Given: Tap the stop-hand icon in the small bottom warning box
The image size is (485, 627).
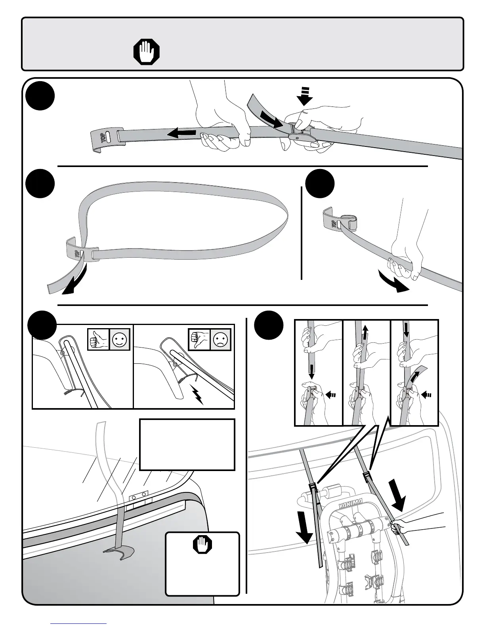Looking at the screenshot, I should [x=202, y=545].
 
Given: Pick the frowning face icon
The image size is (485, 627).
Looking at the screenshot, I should [x=220, y=340].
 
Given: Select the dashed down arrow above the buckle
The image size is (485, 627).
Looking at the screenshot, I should [x=304, y=96].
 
